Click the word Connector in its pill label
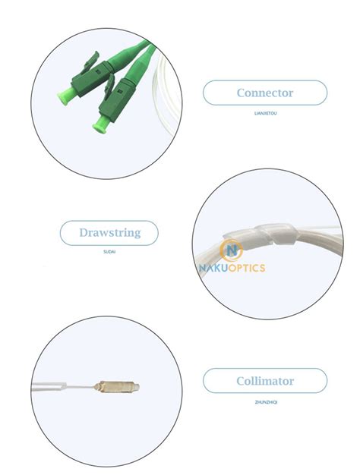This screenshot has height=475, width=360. tap(264, 93)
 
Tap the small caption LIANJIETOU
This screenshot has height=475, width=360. tap(265, 113)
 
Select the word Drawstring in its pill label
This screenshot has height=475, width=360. tap(109, 233)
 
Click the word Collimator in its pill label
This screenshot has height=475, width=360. tap(264, 380)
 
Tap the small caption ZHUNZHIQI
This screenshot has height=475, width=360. tap(265, 402)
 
